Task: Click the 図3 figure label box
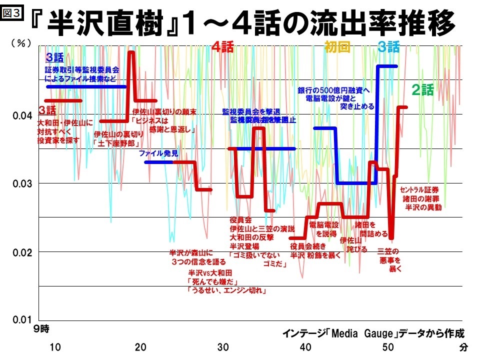[x=11, y=12]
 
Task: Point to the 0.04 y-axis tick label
[x=21, y=116]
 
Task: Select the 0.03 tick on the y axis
[x=21, y=183]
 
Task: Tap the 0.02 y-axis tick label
[x=21, y=251]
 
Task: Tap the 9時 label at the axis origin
[x=42, y=329]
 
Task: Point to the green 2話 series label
[x=422, y=90]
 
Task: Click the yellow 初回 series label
[x=337, y=47]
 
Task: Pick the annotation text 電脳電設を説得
[x=324, y=229]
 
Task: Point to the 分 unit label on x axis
[x=463, y=347]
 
